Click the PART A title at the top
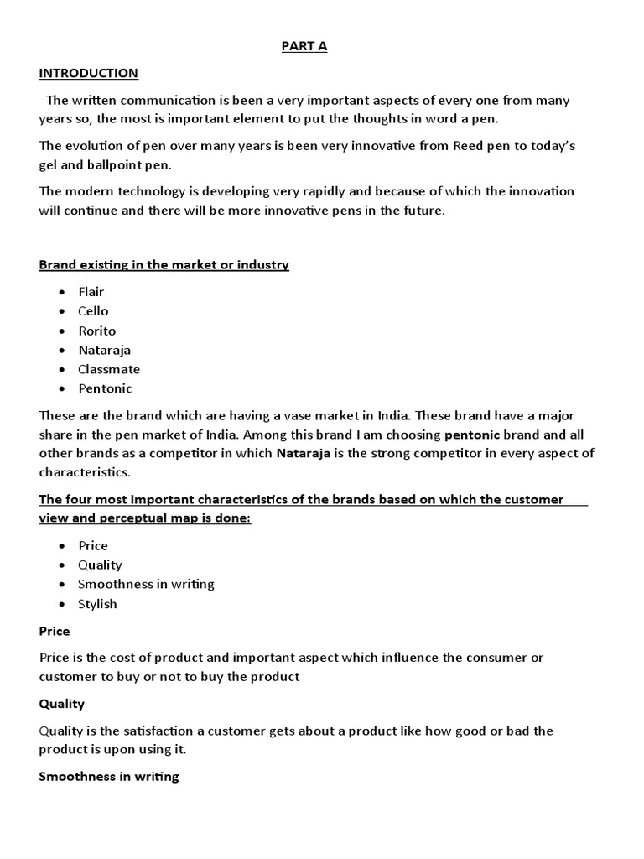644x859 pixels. pyautogui.click(x=304, y=46)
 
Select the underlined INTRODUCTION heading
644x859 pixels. pyautogui.click(x=88, y=73)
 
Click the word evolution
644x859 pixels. pyautogui.click(x=92, y=146)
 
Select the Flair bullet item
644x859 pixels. pyautogui.click(x=91, y=292)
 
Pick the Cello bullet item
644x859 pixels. pyautogui.click(x=93, y=311)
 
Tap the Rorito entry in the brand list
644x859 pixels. pyautogui.click(x=96, y=331)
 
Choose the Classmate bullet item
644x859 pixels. pyautogui.click(x=109, y=369)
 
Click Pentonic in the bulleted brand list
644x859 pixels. pyautogui.click(x=105, y=388)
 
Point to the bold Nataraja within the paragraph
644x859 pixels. pyautogui.click(x=304, y=454)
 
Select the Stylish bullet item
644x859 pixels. pyautogui.click(x=97, y=604)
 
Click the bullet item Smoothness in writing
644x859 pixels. pyautogui.click(x=146, y=584)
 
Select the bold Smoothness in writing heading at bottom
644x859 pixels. pyautogui.click(x=109, y=776)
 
